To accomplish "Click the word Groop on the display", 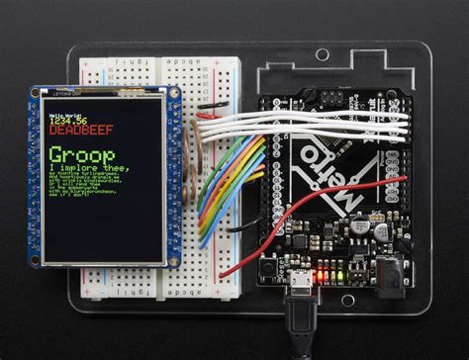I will (x=82, y=157).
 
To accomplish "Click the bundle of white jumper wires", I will (x=317, y=124).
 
